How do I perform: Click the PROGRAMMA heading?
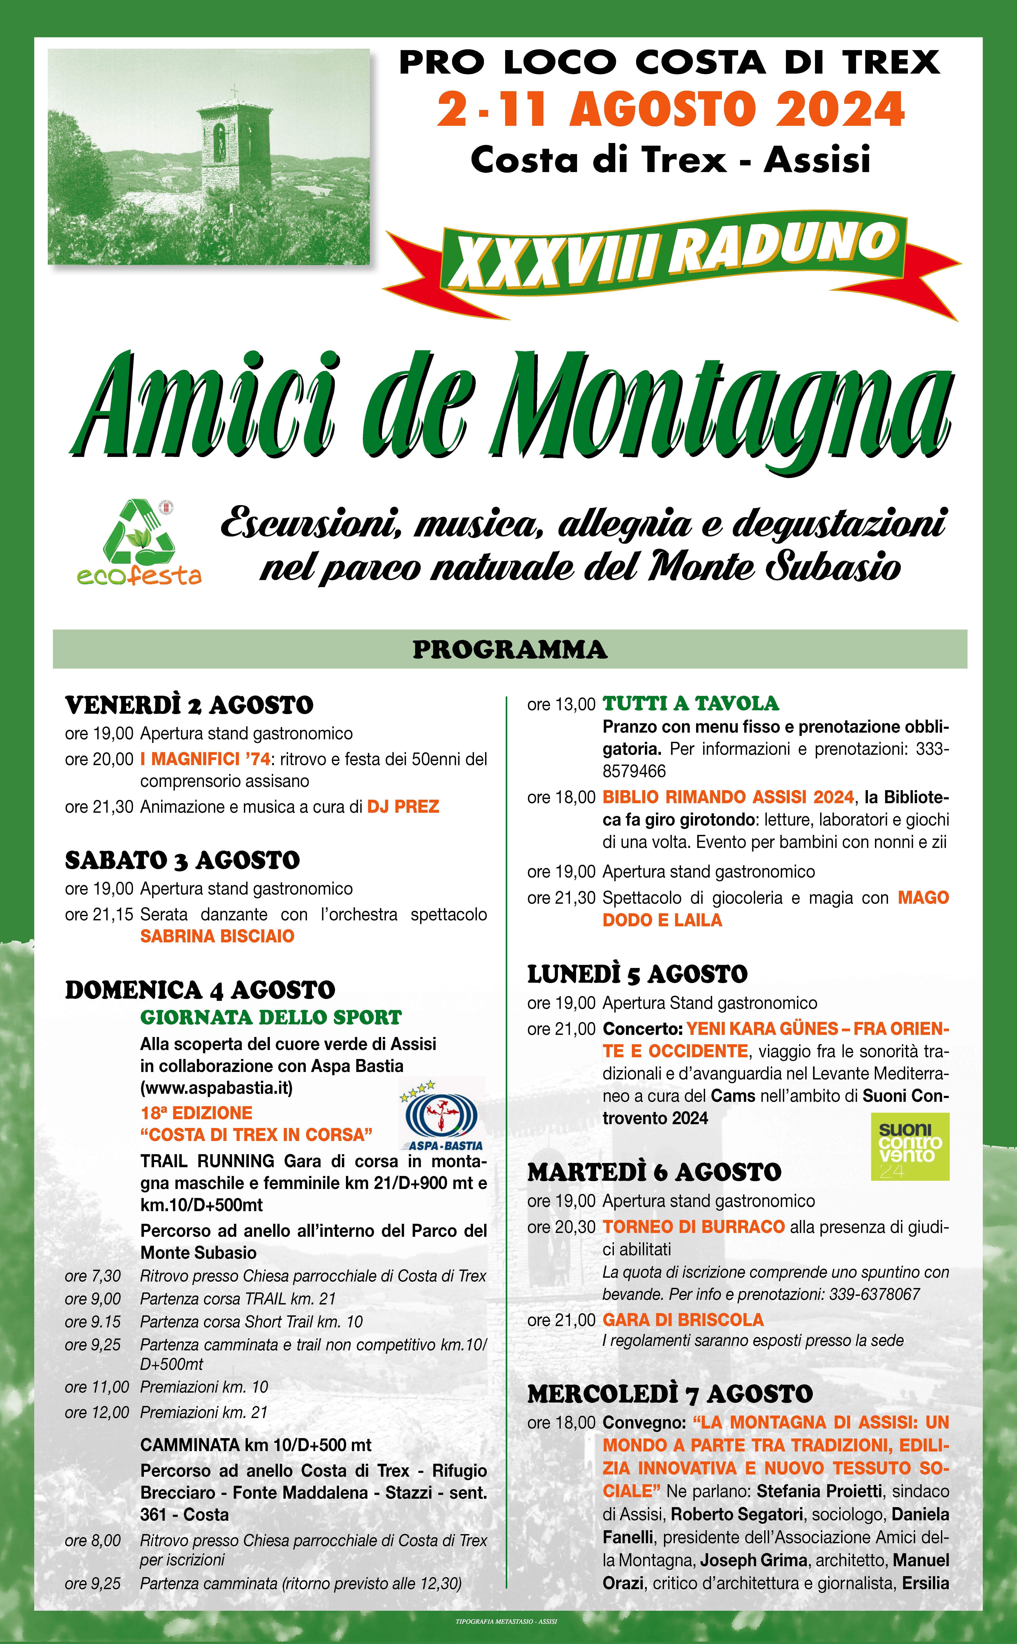(509, 650)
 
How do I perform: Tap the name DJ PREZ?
(403, 807)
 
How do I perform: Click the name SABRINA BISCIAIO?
(217, 936)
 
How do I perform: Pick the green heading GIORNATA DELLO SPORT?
(271, 1018)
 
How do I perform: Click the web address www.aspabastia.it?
(217, 1088)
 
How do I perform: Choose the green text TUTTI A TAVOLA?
(691, 704)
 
